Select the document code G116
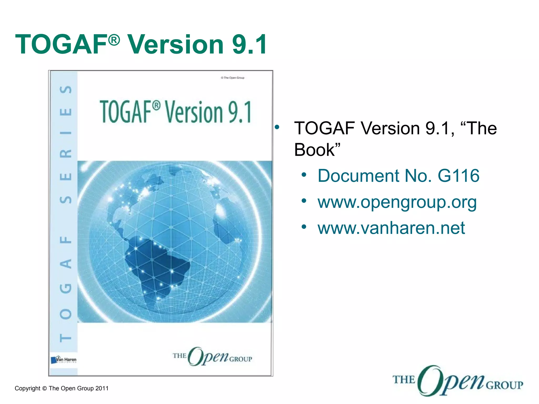[458, 176]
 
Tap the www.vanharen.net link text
[391, 228]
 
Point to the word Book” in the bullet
[317, 150]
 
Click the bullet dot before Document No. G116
[304, 175]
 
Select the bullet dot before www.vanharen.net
[304, 226]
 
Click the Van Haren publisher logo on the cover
[64, 360]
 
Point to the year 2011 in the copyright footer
[102, 388]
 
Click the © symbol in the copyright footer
[44, 388]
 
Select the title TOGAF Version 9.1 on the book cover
[176, 112]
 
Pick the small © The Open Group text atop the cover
[233, 78]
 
